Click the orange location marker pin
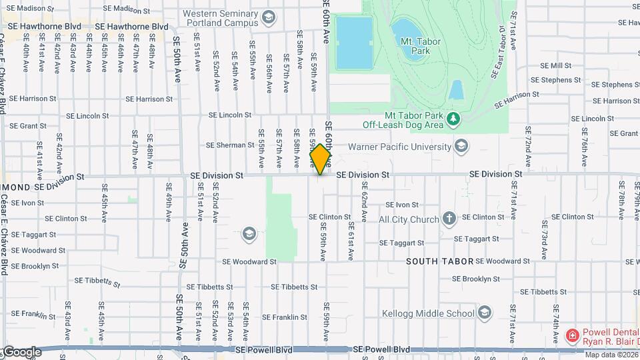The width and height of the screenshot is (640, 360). [x=320, y=159]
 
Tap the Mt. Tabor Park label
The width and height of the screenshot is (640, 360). [x=416, y=45]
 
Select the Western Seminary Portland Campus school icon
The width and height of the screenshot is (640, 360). [x=268, y=17]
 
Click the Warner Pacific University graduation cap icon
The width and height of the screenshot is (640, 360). [x=461, y=146]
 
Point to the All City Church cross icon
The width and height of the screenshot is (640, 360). [x=449, y=219]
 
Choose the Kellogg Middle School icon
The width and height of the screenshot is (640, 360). [x=484, y=313]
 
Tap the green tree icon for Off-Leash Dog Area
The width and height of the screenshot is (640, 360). [x=453, y=118]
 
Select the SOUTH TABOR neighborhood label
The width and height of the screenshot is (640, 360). [x=440, y=261]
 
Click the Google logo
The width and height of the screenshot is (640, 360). [x=22, y=352]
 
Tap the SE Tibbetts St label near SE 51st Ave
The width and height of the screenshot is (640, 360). [x=210, y=287]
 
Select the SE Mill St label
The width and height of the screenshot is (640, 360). [x=556, y=65]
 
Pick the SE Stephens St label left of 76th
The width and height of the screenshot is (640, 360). [x=556, y=80]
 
